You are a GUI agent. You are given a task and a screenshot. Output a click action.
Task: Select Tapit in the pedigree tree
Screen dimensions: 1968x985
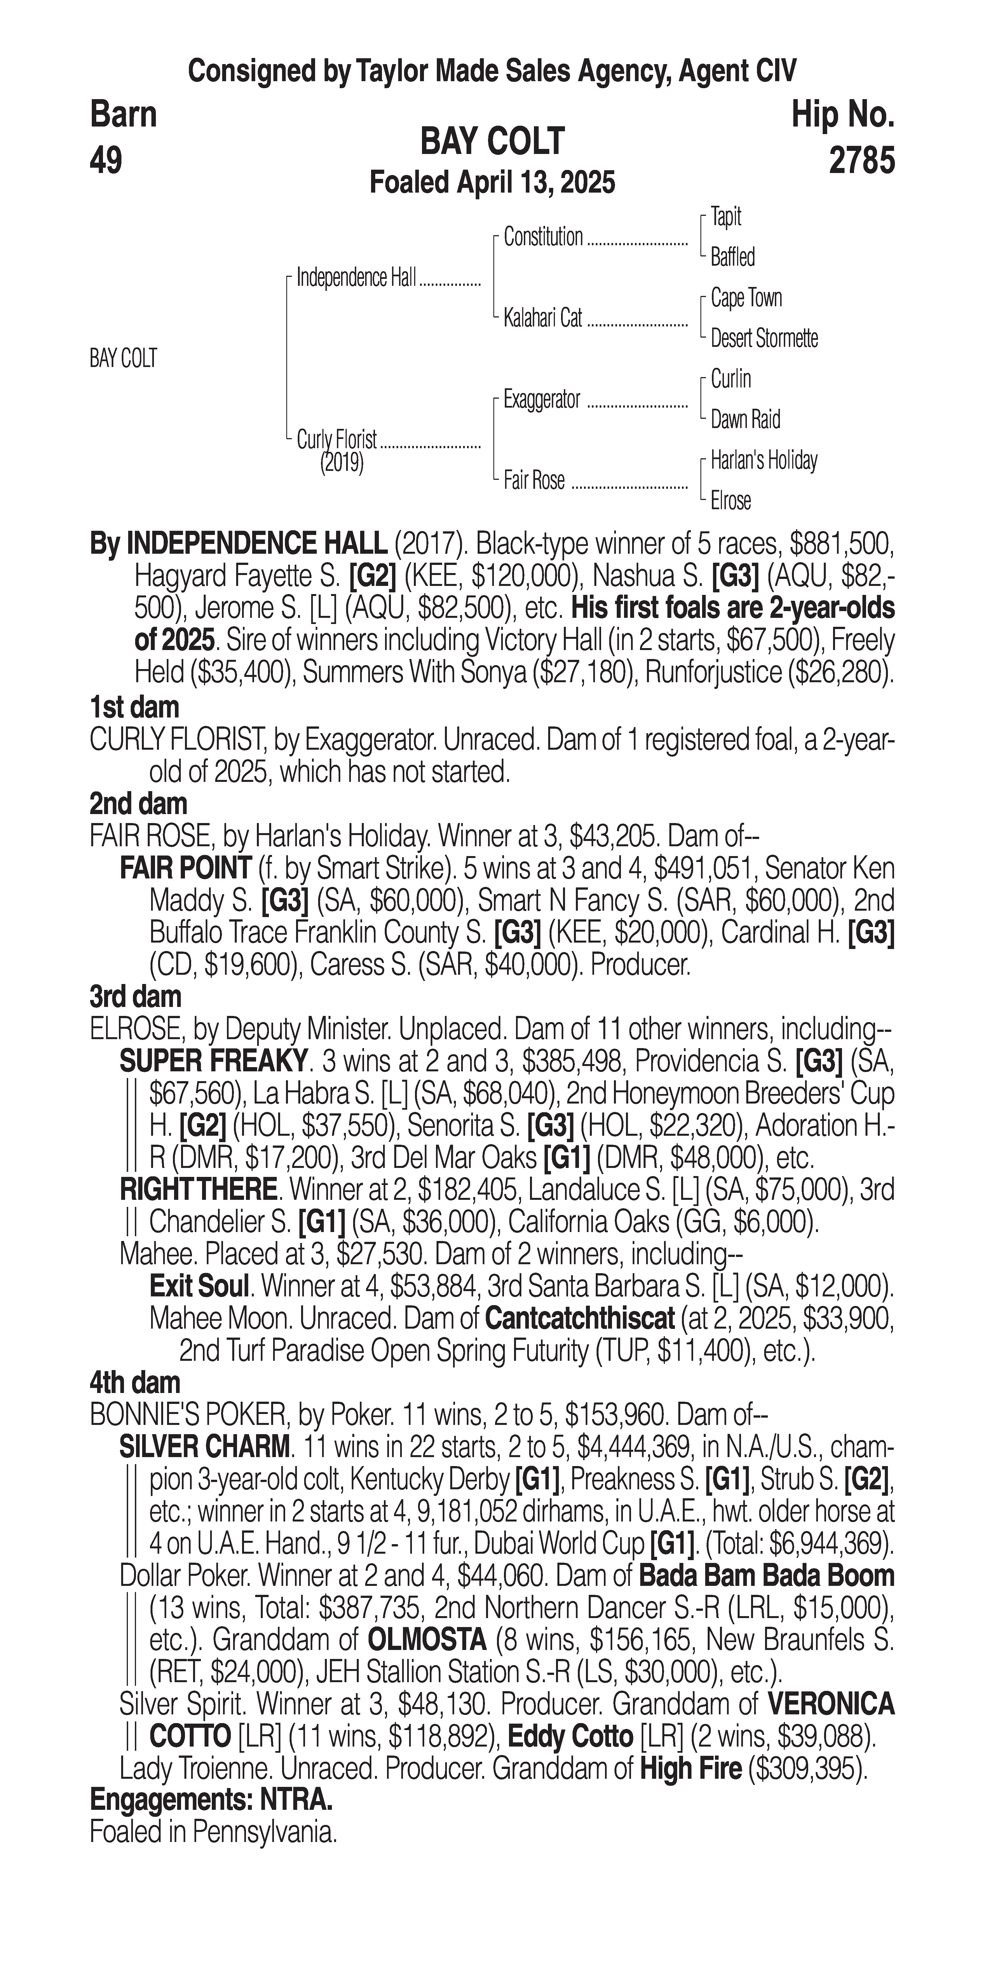pos(725,217)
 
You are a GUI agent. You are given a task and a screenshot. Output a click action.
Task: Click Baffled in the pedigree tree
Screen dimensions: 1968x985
pos(732,258)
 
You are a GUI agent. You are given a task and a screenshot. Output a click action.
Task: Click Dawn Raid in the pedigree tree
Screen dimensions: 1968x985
pos(745,419)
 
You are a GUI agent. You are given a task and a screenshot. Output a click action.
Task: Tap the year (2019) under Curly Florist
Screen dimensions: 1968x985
pos(341,462)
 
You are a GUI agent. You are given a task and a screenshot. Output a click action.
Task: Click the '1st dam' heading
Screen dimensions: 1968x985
pos(134,707)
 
